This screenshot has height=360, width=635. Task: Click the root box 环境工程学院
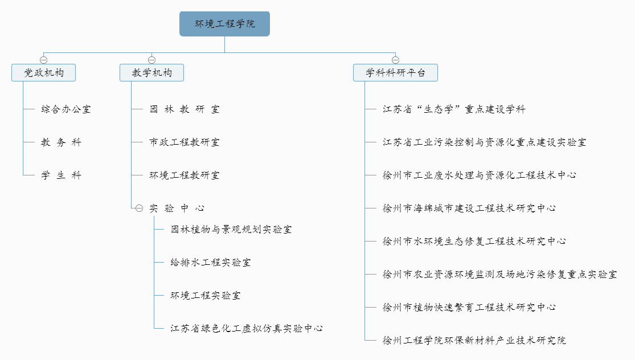tap(225, 24)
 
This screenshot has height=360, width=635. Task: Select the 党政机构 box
tap(44, 72)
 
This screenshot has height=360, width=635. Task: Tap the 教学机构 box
tap(152, 72)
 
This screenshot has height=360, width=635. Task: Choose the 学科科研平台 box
tap(396, 72)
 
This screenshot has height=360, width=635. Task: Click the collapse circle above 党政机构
tap(44, 60)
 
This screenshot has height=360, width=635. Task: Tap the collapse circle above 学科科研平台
tap(396, 60)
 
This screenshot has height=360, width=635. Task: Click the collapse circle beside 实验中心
tap(140, 208)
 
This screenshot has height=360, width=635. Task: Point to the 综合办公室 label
tap(66, 109)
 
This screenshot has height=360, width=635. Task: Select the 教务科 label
tap(61, 142)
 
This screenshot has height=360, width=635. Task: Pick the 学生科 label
tap(61, 175)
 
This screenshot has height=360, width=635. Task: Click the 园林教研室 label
tap(185, 109)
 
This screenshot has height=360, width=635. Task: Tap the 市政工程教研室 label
tap(185, 142)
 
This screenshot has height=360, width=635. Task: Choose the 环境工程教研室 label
tap(185, 175)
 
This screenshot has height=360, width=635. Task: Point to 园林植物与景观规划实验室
tap(231, 230)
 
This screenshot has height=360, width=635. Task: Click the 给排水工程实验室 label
tap(211, 263)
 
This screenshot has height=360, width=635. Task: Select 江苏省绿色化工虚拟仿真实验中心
tap(247, 329)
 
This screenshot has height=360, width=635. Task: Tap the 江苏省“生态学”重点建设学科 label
tap(454, 109)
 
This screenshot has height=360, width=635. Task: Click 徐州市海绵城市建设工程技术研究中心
tap(469, 208)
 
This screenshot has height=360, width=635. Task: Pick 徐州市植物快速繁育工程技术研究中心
tap(469, 308)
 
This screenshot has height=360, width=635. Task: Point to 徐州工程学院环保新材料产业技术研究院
tap(474, 340)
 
